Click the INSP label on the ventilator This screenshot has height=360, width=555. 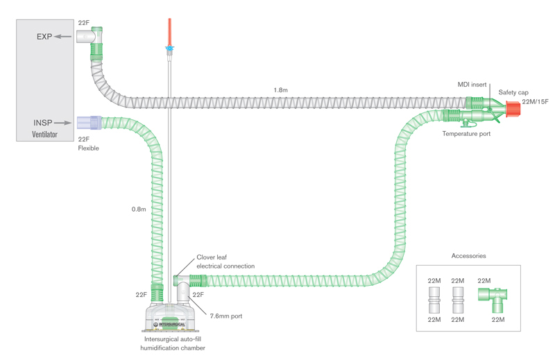[x=43, y=123]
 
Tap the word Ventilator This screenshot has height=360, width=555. [x=44, y=134]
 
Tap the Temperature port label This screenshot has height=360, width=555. [x=466, y=134]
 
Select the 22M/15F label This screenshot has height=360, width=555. [x=535, y=102]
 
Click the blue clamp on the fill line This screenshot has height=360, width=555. [x=168, y=49]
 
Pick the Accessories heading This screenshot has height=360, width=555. [x=468, y=256]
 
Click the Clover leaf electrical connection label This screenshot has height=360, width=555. [x=225, y=262]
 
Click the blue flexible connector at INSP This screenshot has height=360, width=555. [x=89, y=123]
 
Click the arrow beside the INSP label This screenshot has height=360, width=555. [x=64, y=123]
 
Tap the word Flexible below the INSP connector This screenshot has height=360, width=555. [x=88, y=148]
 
